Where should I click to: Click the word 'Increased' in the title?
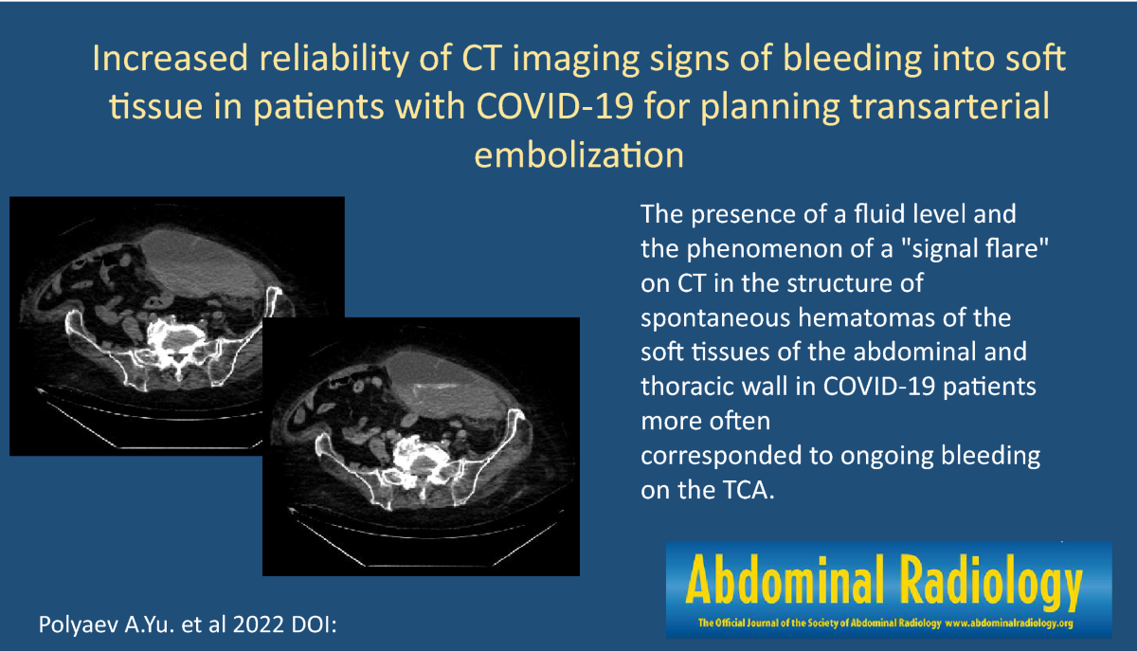(x=170, y=58)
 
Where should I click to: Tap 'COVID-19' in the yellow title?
(x=555, y=107)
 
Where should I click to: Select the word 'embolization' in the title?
(x=579, y=154)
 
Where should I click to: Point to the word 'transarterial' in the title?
(x=949, y=107)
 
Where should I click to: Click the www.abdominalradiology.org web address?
(x=1008, y=624)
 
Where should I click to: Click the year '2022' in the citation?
(x=258, y=624)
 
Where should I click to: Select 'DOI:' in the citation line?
(x=314, y=624)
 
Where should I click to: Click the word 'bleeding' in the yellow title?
(x=851, y=59)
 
